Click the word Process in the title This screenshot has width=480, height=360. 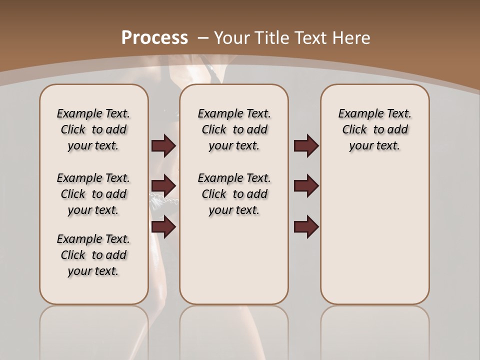tap(154, 38)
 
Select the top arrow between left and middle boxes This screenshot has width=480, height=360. tap(163, 145)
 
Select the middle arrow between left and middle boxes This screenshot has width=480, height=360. tap(163, 186)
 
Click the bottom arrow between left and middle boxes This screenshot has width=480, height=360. tap(163, 227)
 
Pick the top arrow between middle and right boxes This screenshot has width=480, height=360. tap(306, 145)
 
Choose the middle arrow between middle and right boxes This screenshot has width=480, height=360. tap(306, 186)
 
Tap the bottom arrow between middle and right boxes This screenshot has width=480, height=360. tap(306, 227)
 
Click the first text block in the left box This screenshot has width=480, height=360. tap(93, 129)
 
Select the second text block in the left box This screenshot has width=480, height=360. tap(93, 194)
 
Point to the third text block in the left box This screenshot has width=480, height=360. tap(93, 255)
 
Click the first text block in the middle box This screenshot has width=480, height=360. tap(234, 129)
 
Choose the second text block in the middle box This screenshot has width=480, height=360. tap(234, 194)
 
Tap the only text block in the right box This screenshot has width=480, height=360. tap(374, 129)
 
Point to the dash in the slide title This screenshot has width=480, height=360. tap(203, 38)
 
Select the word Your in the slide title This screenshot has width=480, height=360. tap(233, 38)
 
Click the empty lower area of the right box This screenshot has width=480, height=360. tap(374, 235)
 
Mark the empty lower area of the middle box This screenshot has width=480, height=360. tap(234, 260)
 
